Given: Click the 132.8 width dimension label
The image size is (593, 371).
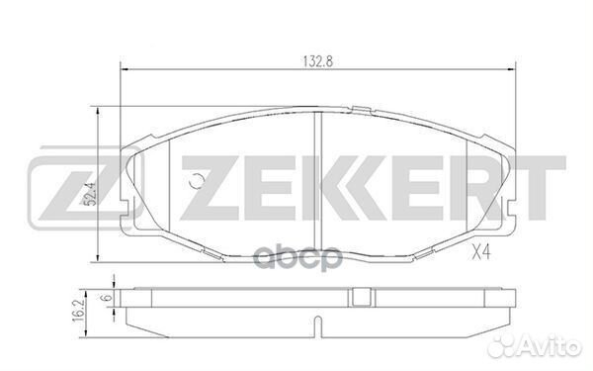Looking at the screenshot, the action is click(317, 61).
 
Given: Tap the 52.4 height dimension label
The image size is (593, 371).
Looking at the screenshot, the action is click(90, 194).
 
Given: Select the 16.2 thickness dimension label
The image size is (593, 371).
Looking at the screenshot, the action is click(78, 314).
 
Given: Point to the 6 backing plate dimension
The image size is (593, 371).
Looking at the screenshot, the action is click(108, 297).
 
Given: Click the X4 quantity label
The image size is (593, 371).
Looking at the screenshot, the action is click(481, 252).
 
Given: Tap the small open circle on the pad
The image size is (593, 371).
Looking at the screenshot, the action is click(197, 181).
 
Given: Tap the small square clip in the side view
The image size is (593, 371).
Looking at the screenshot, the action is click(360, 298).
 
